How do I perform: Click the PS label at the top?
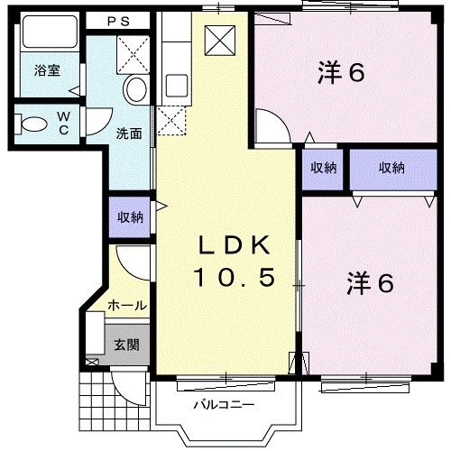(119, 22)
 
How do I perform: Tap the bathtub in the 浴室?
(50, 32)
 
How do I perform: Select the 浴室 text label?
(47, 70)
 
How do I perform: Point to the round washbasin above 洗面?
(135, 89)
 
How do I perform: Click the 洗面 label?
(129, 133)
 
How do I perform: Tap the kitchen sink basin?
(177, 86)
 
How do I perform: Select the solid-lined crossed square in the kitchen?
(220, 41)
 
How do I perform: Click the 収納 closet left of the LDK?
(130, 216)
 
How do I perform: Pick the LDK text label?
(234, 245)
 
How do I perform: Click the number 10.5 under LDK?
(235, 277)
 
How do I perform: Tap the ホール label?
(127, 306)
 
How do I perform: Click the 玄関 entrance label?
(127, 345)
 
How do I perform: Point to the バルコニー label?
(224, 405)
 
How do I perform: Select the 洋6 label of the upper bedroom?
(341, 72)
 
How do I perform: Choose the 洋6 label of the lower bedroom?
(370, 283)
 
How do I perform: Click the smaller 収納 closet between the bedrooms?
(323, 170)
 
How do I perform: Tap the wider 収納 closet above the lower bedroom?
(393, 170)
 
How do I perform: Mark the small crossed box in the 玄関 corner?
(92, 362)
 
